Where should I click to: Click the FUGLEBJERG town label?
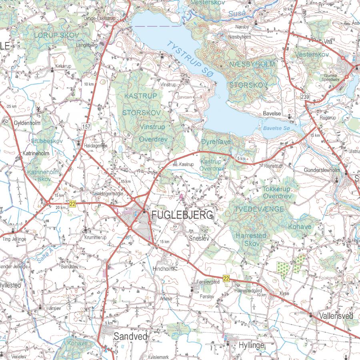pyautogui.click(x=182, y=216)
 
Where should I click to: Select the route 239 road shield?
pyautogui.click(x=306, y=97)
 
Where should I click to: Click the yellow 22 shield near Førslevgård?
pyautogui.click(x=226, y=279)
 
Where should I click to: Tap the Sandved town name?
pyautogui.click(x=130, y=336)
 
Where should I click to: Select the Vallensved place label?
pyautogui.click(x=336, y=316)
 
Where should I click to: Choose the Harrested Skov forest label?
pyautogui.click(x=250, y=239)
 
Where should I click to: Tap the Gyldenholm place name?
pyautogui.click(x=27, y=123)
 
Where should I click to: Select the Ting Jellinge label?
pyautogui.click(x=14, y=239)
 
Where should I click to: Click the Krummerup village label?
pyautogui.click(x=95, y=238)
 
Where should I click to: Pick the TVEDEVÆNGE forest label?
pyautogui.click(x=259, y=209)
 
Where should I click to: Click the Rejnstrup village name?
pyautogui.click(x=273, y=166)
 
